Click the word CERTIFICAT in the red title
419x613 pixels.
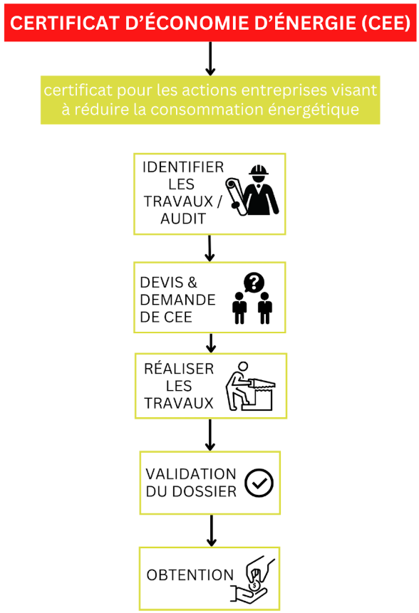click(65, 23)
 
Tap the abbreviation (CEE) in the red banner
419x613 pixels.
click(386, 23)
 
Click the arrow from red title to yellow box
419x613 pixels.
click(210, 58)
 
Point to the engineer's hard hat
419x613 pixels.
click(258, 170)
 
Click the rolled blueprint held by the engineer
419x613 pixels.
click(236, 197)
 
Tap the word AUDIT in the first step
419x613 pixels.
click(183, 219)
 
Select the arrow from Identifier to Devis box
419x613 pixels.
click(209, 248)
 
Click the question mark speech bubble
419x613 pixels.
click(254, 282)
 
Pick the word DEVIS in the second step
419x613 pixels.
click(162, 282)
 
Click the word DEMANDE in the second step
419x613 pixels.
click(177, 300)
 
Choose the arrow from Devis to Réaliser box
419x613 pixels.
click(211, 343)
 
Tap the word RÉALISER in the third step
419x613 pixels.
click(179, 369)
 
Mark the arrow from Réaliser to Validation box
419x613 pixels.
click(210, 435)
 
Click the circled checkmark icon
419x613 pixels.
click(259, 483)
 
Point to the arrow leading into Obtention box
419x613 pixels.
click(211, 530)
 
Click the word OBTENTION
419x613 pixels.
click(190, 575)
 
